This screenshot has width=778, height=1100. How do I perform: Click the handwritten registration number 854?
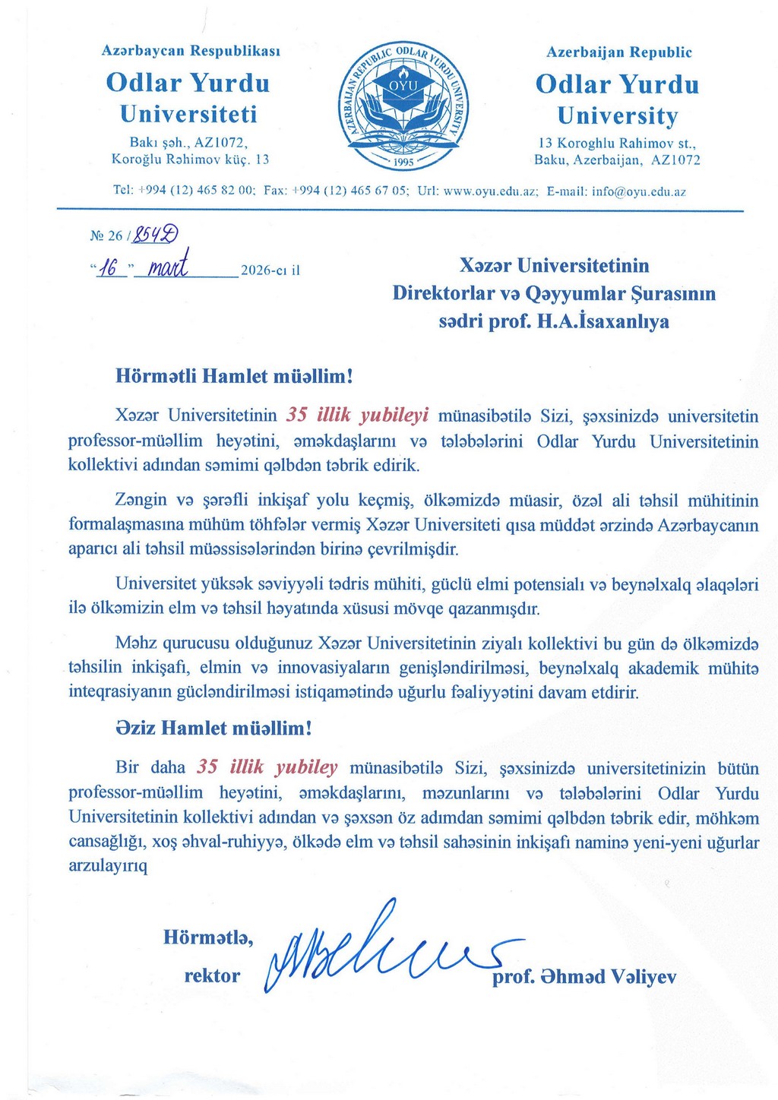click(155, 235)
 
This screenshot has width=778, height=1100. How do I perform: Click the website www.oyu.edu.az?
click(490, 192)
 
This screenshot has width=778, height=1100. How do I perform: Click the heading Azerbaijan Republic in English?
click(619, 52)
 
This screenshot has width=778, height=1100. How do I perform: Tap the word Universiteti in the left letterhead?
click(188, 114)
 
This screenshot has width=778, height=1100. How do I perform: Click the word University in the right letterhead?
click(617, 116)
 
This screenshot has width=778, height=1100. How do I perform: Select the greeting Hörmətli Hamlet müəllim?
click(234, 375)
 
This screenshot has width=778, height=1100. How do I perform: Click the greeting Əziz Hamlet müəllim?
click(213, 728)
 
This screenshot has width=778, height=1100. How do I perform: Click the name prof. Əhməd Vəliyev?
click(584, 977)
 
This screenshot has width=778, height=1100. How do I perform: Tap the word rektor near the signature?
click(212, 975)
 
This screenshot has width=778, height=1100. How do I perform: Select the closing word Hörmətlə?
click(207, 937)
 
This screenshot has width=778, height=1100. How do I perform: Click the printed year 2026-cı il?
click(270, 270)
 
